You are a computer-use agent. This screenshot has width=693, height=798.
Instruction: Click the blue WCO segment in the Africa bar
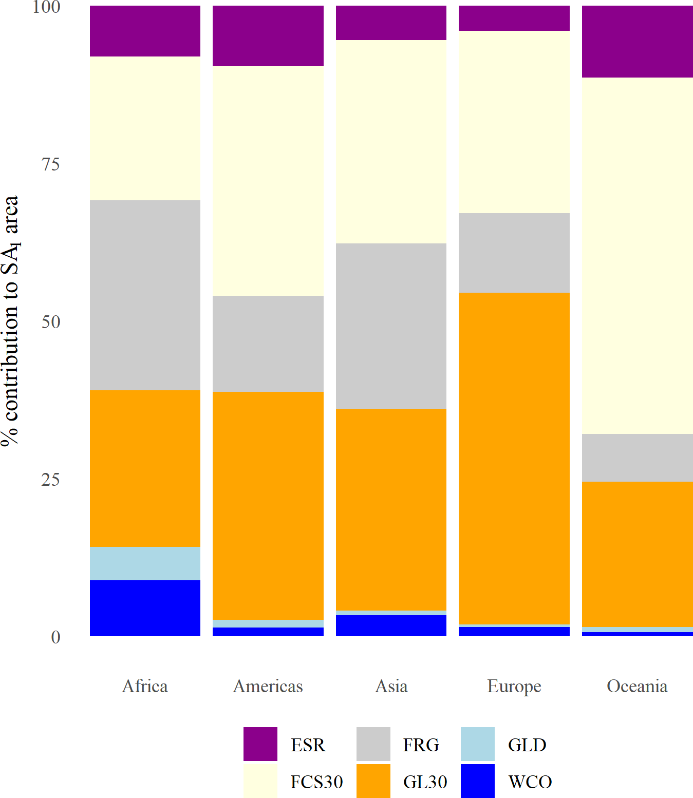[x=145, y=608]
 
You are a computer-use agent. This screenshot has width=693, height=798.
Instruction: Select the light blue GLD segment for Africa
[x=145, y=563]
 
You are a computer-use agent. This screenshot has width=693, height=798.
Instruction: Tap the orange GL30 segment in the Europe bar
[x=514, y=458]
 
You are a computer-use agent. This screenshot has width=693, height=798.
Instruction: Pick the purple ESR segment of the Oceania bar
[x=637, y=42]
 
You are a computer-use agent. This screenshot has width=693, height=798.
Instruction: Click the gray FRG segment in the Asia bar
[x=391, y=326]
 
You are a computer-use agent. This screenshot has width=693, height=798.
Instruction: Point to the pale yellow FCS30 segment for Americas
[x=268, y=181]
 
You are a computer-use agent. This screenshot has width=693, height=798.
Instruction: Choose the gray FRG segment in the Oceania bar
[x=637, y=458]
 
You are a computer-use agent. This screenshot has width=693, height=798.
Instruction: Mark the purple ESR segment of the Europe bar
[x=514, y=18]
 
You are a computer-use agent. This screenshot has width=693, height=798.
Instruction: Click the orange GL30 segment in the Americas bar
[x=268, y=506]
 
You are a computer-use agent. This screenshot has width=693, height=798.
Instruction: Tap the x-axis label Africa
[x=145, y=686]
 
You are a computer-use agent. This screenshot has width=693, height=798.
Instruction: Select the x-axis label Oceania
[x=637, y=686]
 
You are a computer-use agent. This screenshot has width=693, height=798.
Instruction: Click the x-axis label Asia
[x=391, y=686]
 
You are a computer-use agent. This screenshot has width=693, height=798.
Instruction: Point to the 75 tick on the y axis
[x=51, y=164]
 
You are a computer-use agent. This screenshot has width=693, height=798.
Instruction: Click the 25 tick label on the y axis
[x=51, y=480]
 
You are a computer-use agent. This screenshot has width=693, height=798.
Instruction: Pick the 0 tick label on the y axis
[x=55, y=637]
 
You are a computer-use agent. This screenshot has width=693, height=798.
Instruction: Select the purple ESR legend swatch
[x=260, y=744]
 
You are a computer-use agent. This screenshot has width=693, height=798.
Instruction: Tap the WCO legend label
[x=530, y=782]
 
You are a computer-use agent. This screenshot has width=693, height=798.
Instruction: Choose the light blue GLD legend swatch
[x=478, y=744]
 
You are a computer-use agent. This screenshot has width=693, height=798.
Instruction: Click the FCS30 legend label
[x=316, y=782]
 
